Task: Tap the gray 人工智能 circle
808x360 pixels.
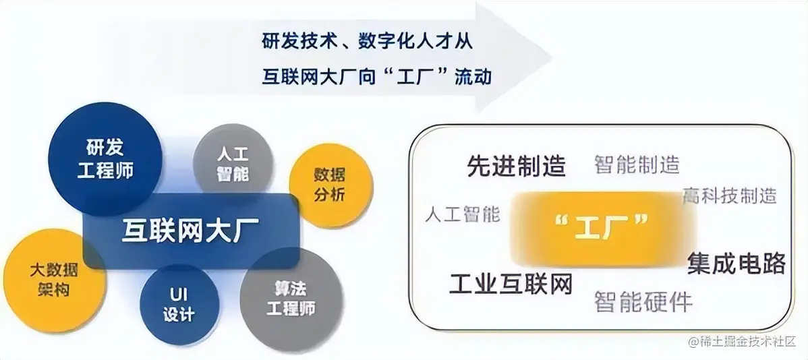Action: pos(233,162)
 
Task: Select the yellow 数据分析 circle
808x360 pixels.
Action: pos(330,185)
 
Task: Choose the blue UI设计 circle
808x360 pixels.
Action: pos(179,304)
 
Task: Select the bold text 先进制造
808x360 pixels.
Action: pos(516,167)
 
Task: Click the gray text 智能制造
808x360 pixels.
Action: pos(637,164)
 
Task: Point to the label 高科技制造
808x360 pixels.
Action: pos(729,196)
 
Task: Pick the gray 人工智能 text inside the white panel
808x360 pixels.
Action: pos(463,214)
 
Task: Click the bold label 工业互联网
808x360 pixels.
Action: pos(511,284)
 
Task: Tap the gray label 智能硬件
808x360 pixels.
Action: pos(643,301)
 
